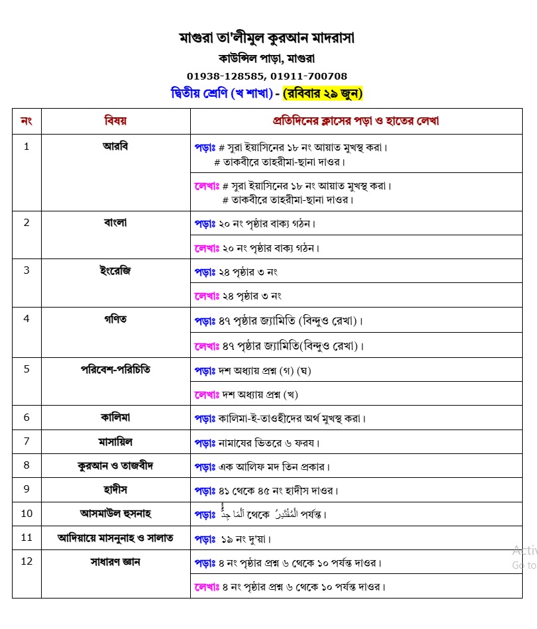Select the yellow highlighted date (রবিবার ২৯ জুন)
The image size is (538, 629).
(323, 93)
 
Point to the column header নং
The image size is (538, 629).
(27, 121)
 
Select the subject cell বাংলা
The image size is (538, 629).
(115, 222)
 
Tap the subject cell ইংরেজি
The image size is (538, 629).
(115, 270)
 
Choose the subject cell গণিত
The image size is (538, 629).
(115, 319)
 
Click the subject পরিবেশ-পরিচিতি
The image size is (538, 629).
(115, 369)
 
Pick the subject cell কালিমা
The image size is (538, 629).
(115, 418)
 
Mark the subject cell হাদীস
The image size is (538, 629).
(115, 489)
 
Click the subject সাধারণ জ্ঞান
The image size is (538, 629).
(115, 562)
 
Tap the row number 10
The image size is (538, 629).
(27, 513)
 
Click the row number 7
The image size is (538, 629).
(27, 441)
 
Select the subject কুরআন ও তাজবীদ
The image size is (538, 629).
(115, 465)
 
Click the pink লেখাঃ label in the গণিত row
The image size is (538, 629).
(206, 345)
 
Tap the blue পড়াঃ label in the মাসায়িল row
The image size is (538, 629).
(205, 442)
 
